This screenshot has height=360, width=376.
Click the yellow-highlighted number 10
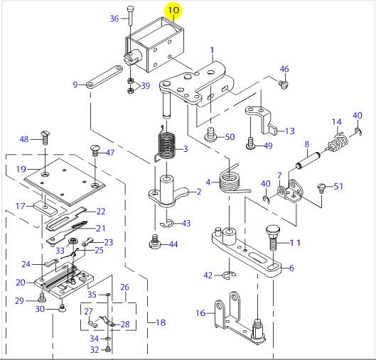click(174, 10)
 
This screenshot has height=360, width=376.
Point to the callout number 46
click(284, 69)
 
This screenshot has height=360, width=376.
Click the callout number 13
click(289, 131)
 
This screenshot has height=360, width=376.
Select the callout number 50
click(229, 136)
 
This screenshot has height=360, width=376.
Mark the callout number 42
click(208, 275)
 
